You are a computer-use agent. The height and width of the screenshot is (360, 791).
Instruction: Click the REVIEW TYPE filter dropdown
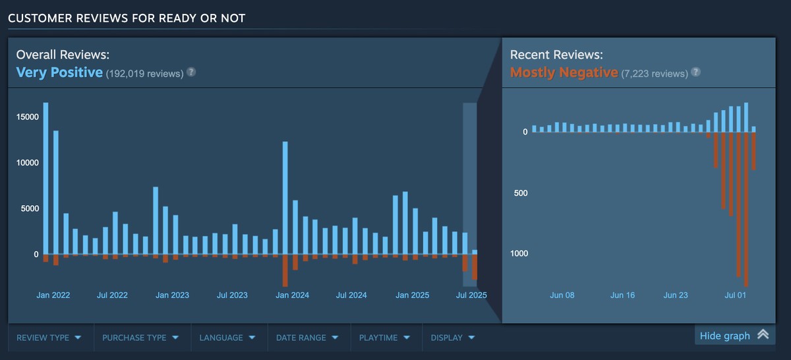(49, 338)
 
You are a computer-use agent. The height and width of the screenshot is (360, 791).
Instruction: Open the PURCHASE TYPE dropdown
(140, 338)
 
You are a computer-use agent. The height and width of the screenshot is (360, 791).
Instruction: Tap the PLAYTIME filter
(385, 338)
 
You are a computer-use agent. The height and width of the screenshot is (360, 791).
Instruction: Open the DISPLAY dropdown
(453, 338)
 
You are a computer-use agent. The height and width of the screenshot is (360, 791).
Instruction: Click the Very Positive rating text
(59, 73)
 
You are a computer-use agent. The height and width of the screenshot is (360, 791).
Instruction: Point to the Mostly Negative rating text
(564, 73)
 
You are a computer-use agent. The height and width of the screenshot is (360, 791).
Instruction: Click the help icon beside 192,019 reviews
(191, 72)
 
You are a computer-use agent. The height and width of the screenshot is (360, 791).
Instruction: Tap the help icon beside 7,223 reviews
(695, 72)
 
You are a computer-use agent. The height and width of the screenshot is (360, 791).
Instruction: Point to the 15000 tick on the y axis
(28, 117)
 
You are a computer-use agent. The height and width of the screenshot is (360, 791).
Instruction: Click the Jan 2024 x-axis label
(292, 295)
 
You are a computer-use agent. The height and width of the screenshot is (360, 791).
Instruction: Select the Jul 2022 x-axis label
(112, 295)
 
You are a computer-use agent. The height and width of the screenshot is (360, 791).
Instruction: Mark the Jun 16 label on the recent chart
(622, 295)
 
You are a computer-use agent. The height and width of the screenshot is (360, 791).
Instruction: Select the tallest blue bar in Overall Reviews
(45, 178)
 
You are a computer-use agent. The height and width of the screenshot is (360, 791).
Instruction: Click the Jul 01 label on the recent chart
(735, 295)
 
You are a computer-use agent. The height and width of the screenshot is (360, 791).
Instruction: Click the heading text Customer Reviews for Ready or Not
(127, 18)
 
